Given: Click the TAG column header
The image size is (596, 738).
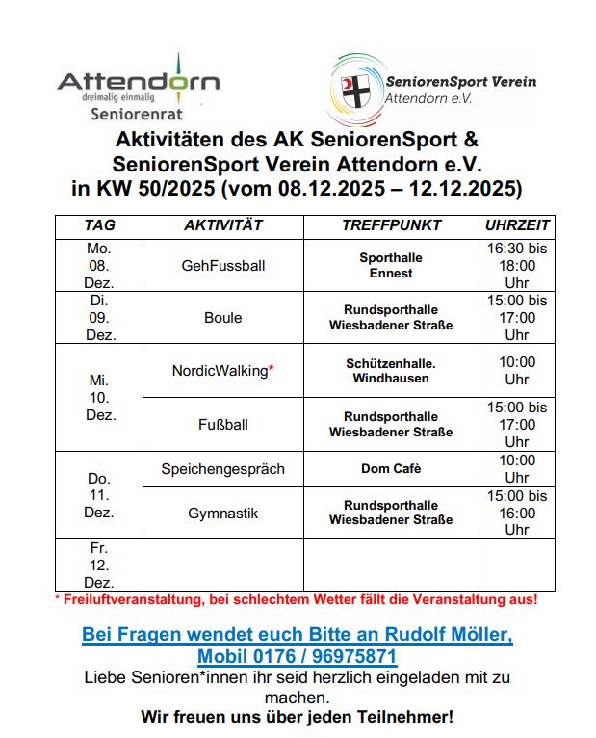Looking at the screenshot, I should (99, 225).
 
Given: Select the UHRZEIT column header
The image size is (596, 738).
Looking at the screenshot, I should (517, 225).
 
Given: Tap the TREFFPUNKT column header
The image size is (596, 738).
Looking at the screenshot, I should (391, 225).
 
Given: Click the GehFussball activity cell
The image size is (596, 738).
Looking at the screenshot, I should (223, 265).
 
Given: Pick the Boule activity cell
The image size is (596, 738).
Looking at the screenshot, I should (223, 317).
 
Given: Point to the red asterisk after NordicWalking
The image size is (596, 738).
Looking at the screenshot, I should (272, 369).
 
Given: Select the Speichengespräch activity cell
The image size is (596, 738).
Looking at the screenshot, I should (223, 469).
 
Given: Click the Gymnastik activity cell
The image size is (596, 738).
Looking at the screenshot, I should (223, 514).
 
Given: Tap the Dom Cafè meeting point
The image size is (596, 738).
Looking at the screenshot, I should (391, 469).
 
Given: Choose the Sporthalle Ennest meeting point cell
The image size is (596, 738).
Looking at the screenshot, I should (391, 265).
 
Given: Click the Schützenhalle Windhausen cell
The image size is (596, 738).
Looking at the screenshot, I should (391, 370).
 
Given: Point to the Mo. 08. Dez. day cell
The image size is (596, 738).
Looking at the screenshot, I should (99, 265).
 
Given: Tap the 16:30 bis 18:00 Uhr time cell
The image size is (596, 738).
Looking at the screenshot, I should (517, 265).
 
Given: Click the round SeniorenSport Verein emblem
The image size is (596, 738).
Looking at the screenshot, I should (353, 90).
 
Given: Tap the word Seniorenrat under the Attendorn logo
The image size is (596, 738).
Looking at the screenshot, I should (137, 113).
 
